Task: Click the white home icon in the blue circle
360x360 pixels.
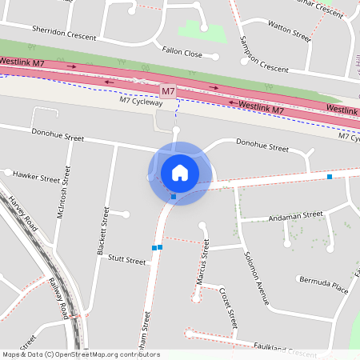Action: click(x=180, y=172)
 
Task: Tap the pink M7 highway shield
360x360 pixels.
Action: click(x=168, y=93)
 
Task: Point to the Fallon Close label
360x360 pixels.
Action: click(x=182, y=53)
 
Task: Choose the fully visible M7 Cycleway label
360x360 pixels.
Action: click(x=141, y=101)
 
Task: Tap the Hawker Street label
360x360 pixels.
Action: click(x=36, y=176)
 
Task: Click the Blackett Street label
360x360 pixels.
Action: click(x=102, y=230)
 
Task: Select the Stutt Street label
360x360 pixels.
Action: click(x=126, y=260)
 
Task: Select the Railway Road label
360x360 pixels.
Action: click(x=58, y=298)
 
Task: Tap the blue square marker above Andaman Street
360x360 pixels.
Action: click(x=329, y=176)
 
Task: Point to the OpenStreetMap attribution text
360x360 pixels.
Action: click(x=80, y=354)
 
